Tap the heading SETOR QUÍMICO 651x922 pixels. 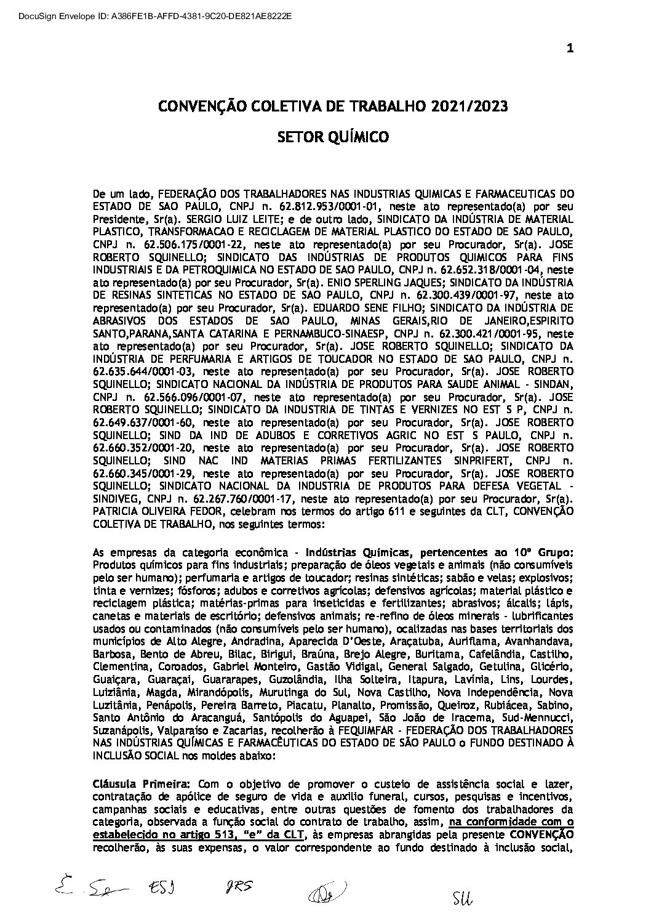click(333, 137)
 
